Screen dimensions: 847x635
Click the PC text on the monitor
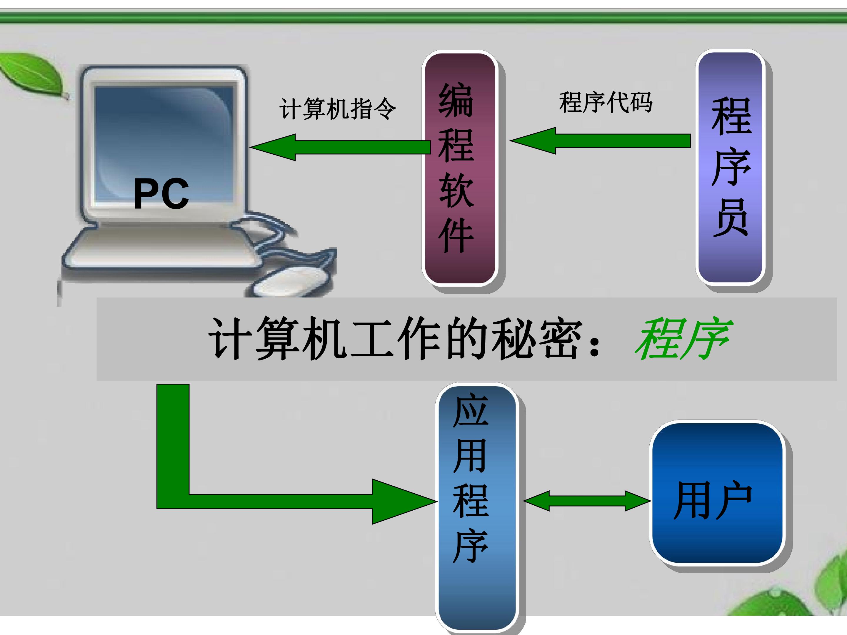[161, 194]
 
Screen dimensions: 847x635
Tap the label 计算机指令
[338, 109]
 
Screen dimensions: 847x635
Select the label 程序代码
[606, 103]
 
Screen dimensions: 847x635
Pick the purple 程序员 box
[730, 167]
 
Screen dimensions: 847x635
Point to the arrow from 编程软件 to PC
[340, 147]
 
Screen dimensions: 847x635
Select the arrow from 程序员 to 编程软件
[600, 141]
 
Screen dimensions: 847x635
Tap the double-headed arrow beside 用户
[587, 501]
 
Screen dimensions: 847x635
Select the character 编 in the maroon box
[456, 100]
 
